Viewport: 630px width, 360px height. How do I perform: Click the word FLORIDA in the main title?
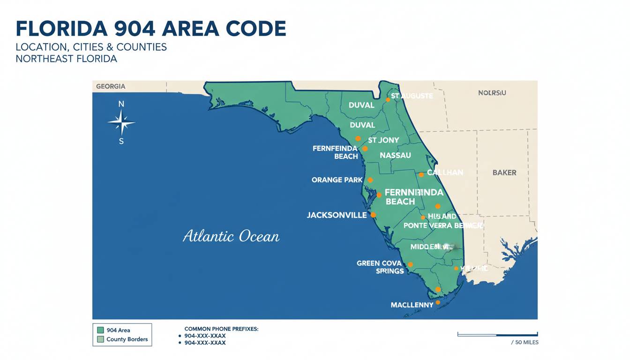(x=61, y=29)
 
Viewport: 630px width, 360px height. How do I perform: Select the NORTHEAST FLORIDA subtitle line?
(x=66, y=59)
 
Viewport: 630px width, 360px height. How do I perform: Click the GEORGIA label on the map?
(x=111, y=86)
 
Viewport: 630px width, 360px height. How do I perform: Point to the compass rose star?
(x=121, y=123)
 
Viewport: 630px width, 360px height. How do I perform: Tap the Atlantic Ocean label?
(x=231, y=236)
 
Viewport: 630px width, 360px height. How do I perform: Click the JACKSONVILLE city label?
(x=337, y=215)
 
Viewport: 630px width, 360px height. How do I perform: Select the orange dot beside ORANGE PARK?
(x=370, y=180)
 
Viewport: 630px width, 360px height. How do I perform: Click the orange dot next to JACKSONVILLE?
(x=374, y=215)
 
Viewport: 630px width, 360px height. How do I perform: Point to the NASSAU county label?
(x=395, y=155)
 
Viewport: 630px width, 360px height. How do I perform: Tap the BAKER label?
(x=504, y=172)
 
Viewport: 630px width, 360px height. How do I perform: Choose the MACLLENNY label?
(x=412, y=305)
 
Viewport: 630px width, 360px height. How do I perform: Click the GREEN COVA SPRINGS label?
(x=379, y=267)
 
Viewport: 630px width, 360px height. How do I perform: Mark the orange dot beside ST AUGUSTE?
(x=388, y=99)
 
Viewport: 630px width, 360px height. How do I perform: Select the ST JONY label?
(x=383, y=140)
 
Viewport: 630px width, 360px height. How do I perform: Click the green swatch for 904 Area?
(x=99, y=330)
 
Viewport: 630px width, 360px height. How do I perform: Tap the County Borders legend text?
(x=127, y=339)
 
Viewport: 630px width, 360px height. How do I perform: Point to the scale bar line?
(x=497, y=335)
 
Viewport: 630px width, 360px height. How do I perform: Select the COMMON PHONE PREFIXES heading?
(x=221, y=329)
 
